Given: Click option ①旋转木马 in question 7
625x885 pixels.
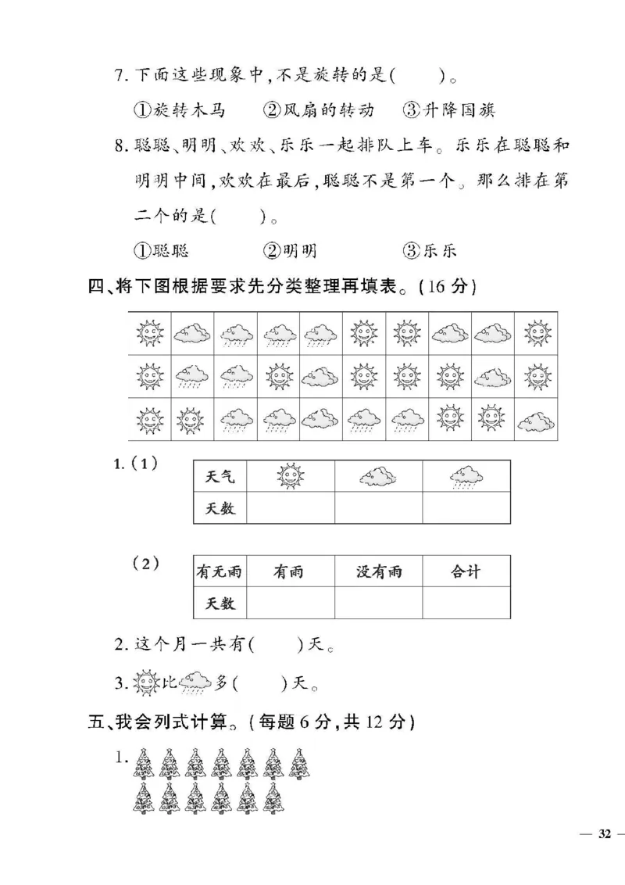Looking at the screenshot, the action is click(178, 111).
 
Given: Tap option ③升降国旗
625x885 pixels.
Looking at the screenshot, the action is click(449, 111).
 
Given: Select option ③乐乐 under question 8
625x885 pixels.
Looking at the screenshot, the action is click(429, 251).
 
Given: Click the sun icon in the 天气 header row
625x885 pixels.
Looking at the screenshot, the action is click(290, 475).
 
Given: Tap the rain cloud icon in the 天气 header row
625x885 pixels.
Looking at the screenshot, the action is click(466, 475).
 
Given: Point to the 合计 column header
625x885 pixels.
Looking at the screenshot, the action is click(466, 571).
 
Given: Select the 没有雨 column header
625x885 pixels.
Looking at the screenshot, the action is click(379, 571).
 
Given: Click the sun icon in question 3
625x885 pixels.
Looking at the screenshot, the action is click(146, 683).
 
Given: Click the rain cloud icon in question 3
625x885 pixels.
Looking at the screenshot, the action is click(195, 683).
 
